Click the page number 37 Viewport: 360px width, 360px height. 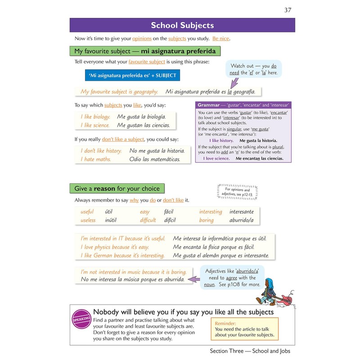tap(288, 10)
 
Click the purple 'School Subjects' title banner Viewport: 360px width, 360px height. tap(182, 25)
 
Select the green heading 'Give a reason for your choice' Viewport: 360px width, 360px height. tap(117, 188)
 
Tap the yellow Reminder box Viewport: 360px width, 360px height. tap(244, 328)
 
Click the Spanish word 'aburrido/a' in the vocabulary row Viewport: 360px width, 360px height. tap(242, 220)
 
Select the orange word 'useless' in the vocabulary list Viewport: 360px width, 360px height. tap(88, 220)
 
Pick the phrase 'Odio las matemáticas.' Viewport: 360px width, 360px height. tap(154, 159)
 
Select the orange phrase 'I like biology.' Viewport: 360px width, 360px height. tap(95, 117)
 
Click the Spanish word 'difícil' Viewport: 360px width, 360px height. tap(162, 220)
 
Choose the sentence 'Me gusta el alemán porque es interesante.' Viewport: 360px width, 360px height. tap(221, 256)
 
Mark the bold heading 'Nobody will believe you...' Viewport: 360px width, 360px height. tap(183, 312)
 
